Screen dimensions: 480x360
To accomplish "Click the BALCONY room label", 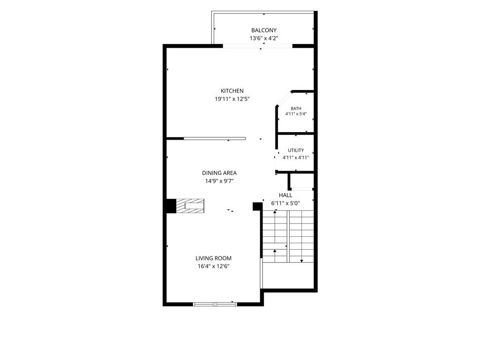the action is [263, 30].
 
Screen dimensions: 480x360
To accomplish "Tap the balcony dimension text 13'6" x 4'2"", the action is [263, 38].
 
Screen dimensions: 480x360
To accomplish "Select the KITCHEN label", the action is [232, 91].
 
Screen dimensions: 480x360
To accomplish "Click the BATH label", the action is [296, 108].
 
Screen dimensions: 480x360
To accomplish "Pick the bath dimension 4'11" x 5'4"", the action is [296, 113].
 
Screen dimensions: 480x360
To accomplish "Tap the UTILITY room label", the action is [296, 150].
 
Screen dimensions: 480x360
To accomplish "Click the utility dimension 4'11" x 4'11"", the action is [296, 157].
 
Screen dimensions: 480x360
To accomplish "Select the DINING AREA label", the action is [219, 173].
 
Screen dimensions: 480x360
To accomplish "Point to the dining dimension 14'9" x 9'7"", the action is [219, 181].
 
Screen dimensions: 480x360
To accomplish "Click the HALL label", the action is [285, 195].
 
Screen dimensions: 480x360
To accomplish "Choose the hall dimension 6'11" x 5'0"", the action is [285, 203].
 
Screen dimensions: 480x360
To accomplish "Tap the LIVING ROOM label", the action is [213, 258].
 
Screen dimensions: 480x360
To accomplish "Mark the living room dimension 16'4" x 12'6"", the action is [213, 266].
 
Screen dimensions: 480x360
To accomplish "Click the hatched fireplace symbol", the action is [190, 206].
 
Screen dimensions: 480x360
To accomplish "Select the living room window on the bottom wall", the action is [215, 304].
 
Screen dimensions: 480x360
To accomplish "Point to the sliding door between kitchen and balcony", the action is [258, 46].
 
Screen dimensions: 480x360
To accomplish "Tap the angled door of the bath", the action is [284, 98].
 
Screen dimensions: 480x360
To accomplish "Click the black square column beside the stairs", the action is [256, 206].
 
